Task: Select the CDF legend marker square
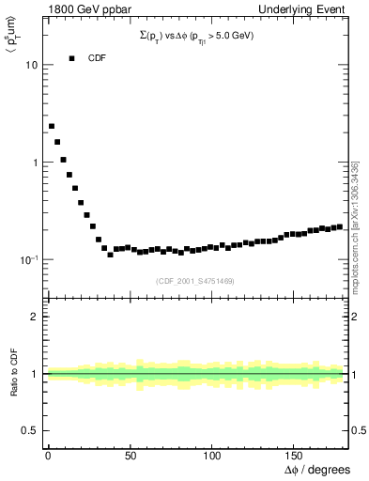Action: tap(71, 58)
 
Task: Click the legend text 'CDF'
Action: tap(97, 58)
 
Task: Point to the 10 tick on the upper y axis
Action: tap(31, 66)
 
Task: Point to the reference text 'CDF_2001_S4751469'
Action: tap(195, 281)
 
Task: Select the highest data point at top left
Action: tap(52, 126)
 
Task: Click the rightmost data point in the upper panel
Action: tap(339, 226)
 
